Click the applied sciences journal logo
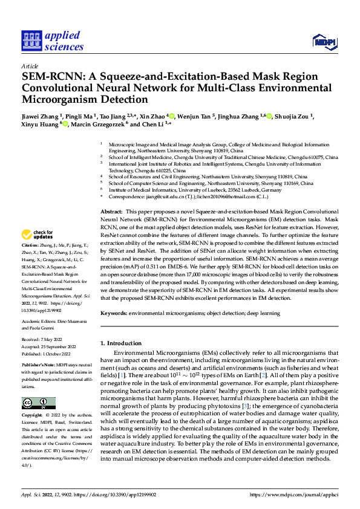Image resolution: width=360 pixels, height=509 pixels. [53, 41]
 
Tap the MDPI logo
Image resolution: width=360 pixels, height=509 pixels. [324, 41]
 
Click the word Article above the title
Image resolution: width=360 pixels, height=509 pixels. [30, 66]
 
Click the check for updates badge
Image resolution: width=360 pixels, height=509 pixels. [38, 235]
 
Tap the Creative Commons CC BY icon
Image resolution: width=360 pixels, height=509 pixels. [39, 403]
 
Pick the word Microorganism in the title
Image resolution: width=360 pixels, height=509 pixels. [64, 99]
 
